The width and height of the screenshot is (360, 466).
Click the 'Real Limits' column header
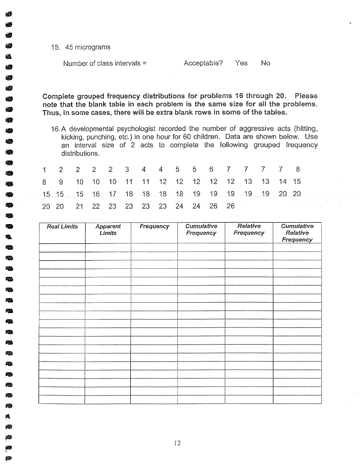pos(62,227)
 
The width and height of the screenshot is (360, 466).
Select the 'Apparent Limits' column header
pos(108,230)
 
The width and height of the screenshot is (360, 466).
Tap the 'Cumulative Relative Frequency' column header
pos(297,233)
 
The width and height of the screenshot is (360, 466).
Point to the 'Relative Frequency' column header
pos(249,230)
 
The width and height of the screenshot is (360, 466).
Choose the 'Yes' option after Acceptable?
pos(241,63)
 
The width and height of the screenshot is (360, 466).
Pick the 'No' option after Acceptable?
pos(265,63)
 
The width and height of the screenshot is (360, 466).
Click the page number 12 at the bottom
pos(177,442)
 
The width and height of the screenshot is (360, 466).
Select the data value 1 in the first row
pos(44,169)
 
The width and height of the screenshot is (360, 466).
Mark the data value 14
pos(282,182)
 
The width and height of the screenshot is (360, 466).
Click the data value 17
pos(112,194)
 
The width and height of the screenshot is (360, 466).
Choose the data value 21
pos(79,206)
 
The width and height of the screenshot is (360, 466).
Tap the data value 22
pos(96,206)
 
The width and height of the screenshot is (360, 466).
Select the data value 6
pos(211,169)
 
